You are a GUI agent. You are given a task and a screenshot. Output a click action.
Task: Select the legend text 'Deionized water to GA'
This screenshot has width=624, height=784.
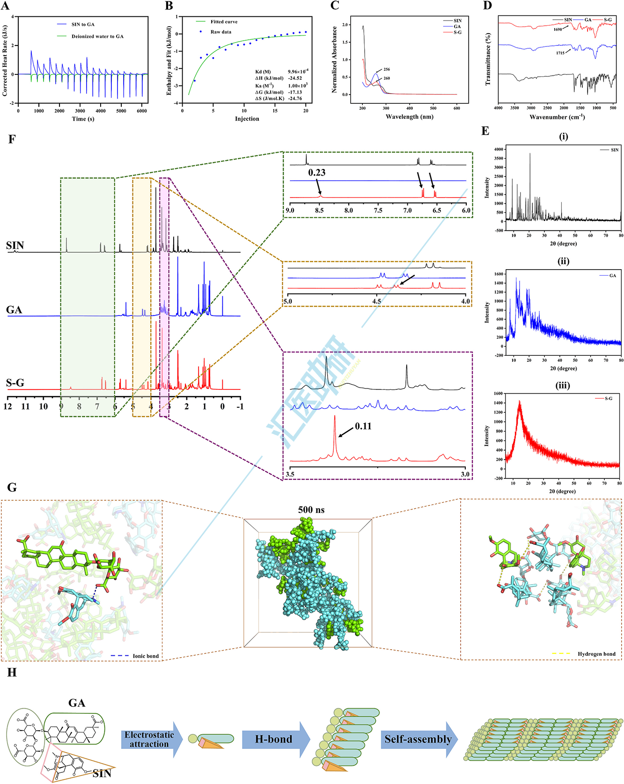(x=97, y=37)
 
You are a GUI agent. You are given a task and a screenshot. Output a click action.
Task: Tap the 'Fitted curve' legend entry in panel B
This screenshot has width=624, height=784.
(x=224, y=22)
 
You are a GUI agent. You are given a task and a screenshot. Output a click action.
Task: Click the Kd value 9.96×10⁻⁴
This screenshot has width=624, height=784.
(x=298, y=72)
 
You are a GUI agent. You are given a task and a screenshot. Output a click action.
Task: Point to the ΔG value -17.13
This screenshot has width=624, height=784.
(x=295, y=92)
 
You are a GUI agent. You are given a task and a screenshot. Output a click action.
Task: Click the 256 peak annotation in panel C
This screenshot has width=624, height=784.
(x=386, y=69)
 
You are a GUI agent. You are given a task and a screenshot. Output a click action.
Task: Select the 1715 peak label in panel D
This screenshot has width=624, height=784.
(x=560, y=53)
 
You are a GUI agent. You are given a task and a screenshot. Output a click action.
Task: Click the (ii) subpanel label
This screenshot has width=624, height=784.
(x=563, y=261)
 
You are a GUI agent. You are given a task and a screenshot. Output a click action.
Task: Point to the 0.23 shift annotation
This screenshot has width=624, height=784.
(x=316, y=173)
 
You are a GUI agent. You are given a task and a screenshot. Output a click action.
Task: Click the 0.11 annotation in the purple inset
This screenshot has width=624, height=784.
(x=363, y=426)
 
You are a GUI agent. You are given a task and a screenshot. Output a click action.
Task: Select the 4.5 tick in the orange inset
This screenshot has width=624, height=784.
(x=376, y=301)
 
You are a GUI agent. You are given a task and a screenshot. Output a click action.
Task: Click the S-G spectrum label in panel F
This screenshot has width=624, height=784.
(x=15, y=383)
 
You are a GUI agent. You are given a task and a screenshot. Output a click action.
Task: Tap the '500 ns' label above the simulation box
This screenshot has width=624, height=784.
(x=311, y=510)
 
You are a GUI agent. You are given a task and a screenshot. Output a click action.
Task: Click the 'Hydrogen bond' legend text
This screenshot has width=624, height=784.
(x=596, y=654)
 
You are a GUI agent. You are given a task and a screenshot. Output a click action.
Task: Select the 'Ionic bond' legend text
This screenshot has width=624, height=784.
(x=146, y=656)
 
